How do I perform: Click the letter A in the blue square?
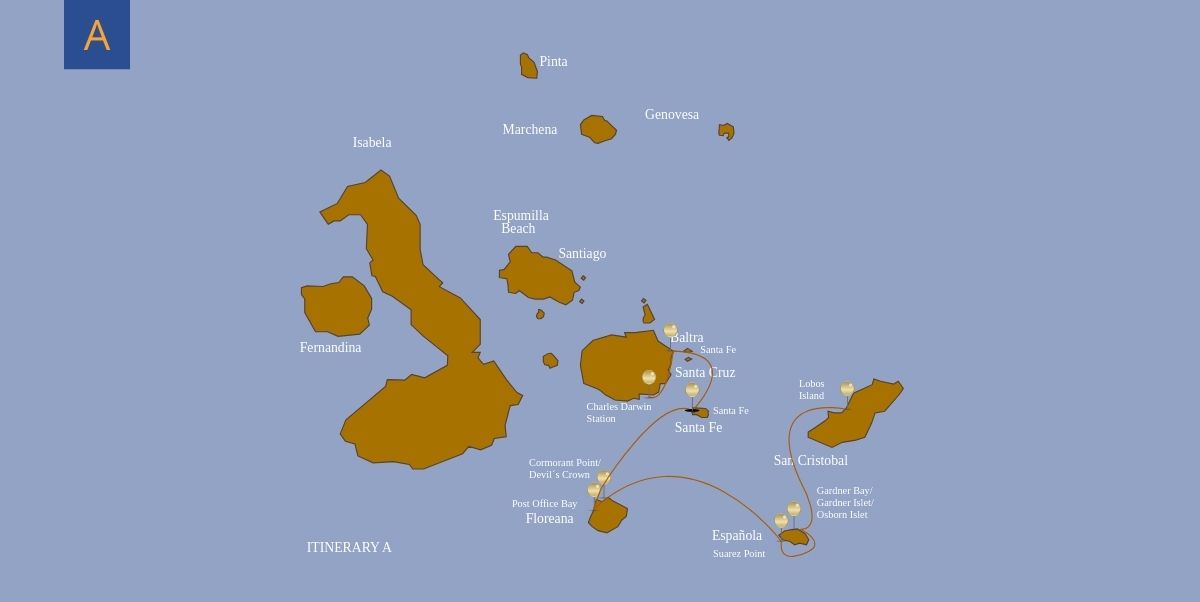(97, 36)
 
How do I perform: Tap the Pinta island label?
(553, 62)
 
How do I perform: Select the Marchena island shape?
(597, 129)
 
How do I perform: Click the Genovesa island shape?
(727, 131)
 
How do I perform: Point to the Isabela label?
(372, 143)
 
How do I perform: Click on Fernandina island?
(337, 306)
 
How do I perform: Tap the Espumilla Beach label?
(520, 222)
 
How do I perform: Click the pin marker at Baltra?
(670, 330)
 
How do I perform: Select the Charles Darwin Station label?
(618, 412)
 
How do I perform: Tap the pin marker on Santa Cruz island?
(649, 377)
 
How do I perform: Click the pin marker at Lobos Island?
(847, 388)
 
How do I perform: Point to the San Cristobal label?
(810, 461)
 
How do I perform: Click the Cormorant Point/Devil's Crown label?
(564, 468)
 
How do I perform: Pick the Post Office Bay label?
(544, 504)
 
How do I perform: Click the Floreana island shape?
(607, 516)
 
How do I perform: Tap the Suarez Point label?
(739, 554)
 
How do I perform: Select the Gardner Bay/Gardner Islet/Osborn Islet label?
(844, 503)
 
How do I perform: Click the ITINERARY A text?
(349, 548)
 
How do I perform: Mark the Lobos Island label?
(811, 390)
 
